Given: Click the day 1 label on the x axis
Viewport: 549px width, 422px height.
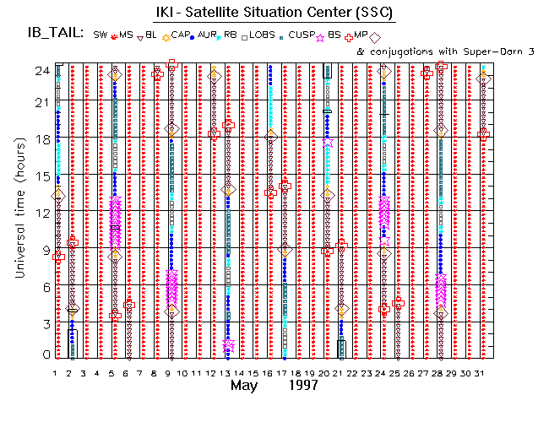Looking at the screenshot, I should tap(56, 372).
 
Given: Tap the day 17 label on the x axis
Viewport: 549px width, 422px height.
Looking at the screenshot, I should tap(284, 372).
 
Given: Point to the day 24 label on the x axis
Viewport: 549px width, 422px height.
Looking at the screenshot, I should tap(383, 372).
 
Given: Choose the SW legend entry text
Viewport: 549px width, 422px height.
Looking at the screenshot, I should tap(101, 35).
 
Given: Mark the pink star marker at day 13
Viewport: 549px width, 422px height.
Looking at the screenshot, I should tap(228, 345).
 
